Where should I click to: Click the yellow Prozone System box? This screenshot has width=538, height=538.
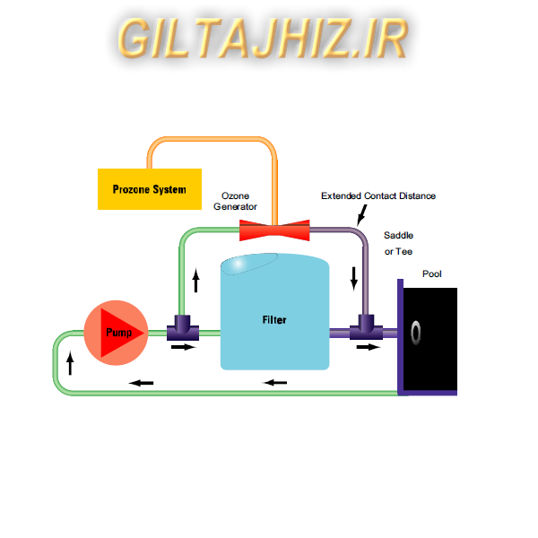(x=150, y=189)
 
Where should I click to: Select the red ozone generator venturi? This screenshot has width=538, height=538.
(x=274, y=231)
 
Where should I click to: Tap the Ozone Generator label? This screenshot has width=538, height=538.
(x=235, y=201)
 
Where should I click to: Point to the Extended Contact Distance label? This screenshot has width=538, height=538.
(x=378, y=195)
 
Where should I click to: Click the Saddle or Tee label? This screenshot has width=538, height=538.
(x=399, y=243)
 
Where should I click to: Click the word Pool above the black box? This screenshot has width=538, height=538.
(x=432, y=274)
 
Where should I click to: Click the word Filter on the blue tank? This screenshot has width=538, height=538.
(x=274, y=319)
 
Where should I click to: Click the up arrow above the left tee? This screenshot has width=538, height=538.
(x=195, y=282)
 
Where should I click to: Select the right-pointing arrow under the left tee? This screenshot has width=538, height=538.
(x=183, y=347)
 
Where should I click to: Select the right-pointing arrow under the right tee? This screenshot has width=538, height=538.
(x=368, y=347)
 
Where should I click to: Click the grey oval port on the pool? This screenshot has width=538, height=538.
(x=416, y=334)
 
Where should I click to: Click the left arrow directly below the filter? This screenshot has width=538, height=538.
(x=275, y=383)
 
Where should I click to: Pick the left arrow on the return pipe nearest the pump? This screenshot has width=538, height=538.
(x=141, y=383)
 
